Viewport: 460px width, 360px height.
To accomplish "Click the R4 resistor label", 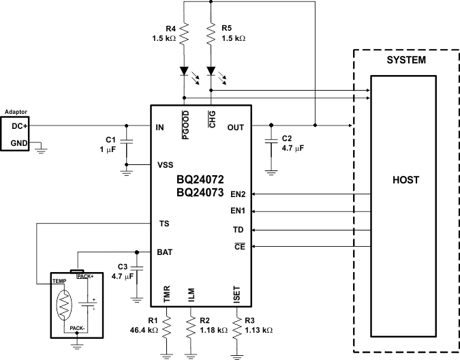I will pyautogui.click(x=170, y=29).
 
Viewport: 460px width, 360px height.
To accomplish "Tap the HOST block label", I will pyautogui.click(x=405, y=180).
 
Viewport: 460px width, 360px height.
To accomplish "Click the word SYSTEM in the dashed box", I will pyautogui.click(x=406, y=61).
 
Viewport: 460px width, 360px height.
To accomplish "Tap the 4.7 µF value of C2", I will pyautogui.click(x=294, y=147).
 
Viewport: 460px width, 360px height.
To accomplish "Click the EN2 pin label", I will pyautogui.click(x=238, y=194).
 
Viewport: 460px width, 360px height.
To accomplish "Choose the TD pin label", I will pyautogui.click(x=238, y=230).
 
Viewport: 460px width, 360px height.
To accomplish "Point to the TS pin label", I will pyautogui.click(x=164, y=223).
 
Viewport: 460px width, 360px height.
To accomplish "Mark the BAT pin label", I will pyautogui.click(x=165, y=252).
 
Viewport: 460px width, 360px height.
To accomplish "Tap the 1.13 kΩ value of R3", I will pyautogui.click(x=259, y=330).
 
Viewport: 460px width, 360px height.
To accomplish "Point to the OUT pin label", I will pyautogui.click(x=235, y=127).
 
